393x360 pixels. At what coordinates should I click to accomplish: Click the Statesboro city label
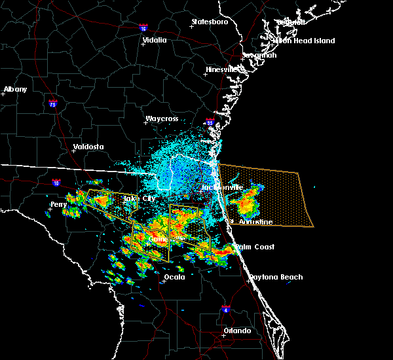tap(210, 22)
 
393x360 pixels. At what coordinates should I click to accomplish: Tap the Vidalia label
tap(154, 40)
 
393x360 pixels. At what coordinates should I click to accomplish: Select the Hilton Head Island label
tap(304, 41)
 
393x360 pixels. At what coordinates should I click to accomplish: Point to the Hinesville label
tap(224, 69)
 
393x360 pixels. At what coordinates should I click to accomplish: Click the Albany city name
tap(15, 89)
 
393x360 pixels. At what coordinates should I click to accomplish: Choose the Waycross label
tap(162, 120)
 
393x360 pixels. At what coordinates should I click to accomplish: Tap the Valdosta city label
tap(88, 147)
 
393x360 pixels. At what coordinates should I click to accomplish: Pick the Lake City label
tap(139, 198)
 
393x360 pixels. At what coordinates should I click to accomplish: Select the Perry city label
tap(59, 204)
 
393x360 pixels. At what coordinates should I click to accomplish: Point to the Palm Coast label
tap(255, 247)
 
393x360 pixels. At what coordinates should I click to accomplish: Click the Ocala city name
tap(174, 277)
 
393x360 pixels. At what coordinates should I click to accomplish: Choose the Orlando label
tap(237, 331)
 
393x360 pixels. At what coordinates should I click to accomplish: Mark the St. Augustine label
tap(252, 223)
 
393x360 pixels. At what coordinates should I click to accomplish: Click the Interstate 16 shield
tap(143, 28)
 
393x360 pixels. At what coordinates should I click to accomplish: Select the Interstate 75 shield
tap(53, 103)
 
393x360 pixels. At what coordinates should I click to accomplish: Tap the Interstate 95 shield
tap(210, 122)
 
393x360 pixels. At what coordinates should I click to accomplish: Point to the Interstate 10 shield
tap(56, 183)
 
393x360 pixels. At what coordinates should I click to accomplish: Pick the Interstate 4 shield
tap(225, 307)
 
